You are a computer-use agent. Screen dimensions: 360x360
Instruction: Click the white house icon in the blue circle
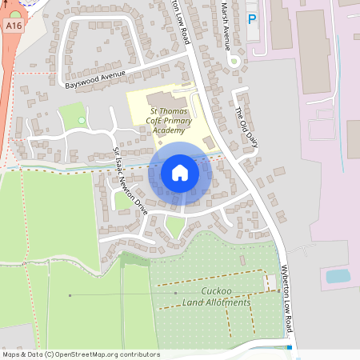pyautogui.click(x=180, y=173)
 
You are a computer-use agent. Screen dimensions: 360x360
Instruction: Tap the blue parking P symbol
pyautogui.click(x=253, y=19)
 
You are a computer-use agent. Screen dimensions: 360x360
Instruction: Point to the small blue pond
pyautogui.click(x=338, y=277)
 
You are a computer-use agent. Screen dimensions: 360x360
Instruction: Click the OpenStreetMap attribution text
pyautogui.click(x=81, y=354)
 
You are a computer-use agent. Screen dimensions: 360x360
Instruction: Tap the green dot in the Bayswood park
pyautogui.click(x=82, y=121)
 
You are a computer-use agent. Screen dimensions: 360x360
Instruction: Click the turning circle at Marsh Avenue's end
pyautogui.click(x=234, y=62)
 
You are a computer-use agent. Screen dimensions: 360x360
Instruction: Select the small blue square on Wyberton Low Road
pyautogui.click(x=289, y=347)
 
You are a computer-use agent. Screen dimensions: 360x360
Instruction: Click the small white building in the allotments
pyautogui.click(x=272, y=282)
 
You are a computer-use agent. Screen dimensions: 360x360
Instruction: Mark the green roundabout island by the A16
pyautogui.click(x=15, y=14)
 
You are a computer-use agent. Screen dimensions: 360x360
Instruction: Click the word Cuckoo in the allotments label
pyautogui.click(x=216, y=291)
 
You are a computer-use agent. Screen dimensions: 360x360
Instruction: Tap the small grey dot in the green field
pyautogui.click(x=70, y=296)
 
